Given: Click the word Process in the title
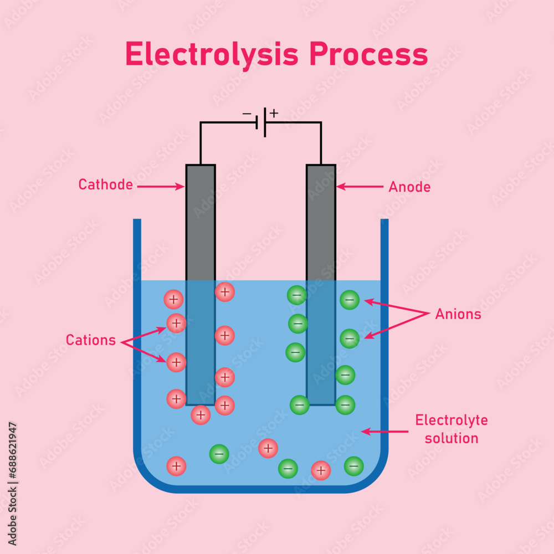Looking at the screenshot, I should (x=368, y=54).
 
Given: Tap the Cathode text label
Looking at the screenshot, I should (x=105, y=184).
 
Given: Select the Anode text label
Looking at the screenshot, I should (x=409, y=187).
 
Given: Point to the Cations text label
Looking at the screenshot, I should (x=91, y=340).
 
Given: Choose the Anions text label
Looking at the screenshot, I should (x=458, y=314).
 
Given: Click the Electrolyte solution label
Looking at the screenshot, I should (x=451, y=429).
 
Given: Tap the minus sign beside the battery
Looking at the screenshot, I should (x=247, y=114).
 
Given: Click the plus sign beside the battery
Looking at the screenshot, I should (x=274, y=113).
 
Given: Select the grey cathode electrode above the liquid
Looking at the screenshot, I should (x=201, y=222).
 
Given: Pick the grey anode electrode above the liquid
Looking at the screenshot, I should (x=321, y=222).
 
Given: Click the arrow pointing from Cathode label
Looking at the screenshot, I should (x=161, y=187).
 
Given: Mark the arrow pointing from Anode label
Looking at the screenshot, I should (x=360, y=187).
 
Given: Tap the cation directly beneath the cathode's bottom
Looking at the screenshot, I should (x=201, y=414).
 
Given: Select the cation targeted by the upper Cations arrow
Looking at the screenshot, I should (x=176, y=323).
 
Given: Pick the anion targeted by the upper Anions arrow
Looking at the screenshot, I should (x=350, y=300).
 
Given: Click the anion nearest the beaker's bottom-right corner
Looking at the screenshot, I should (x=354, y=466).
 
